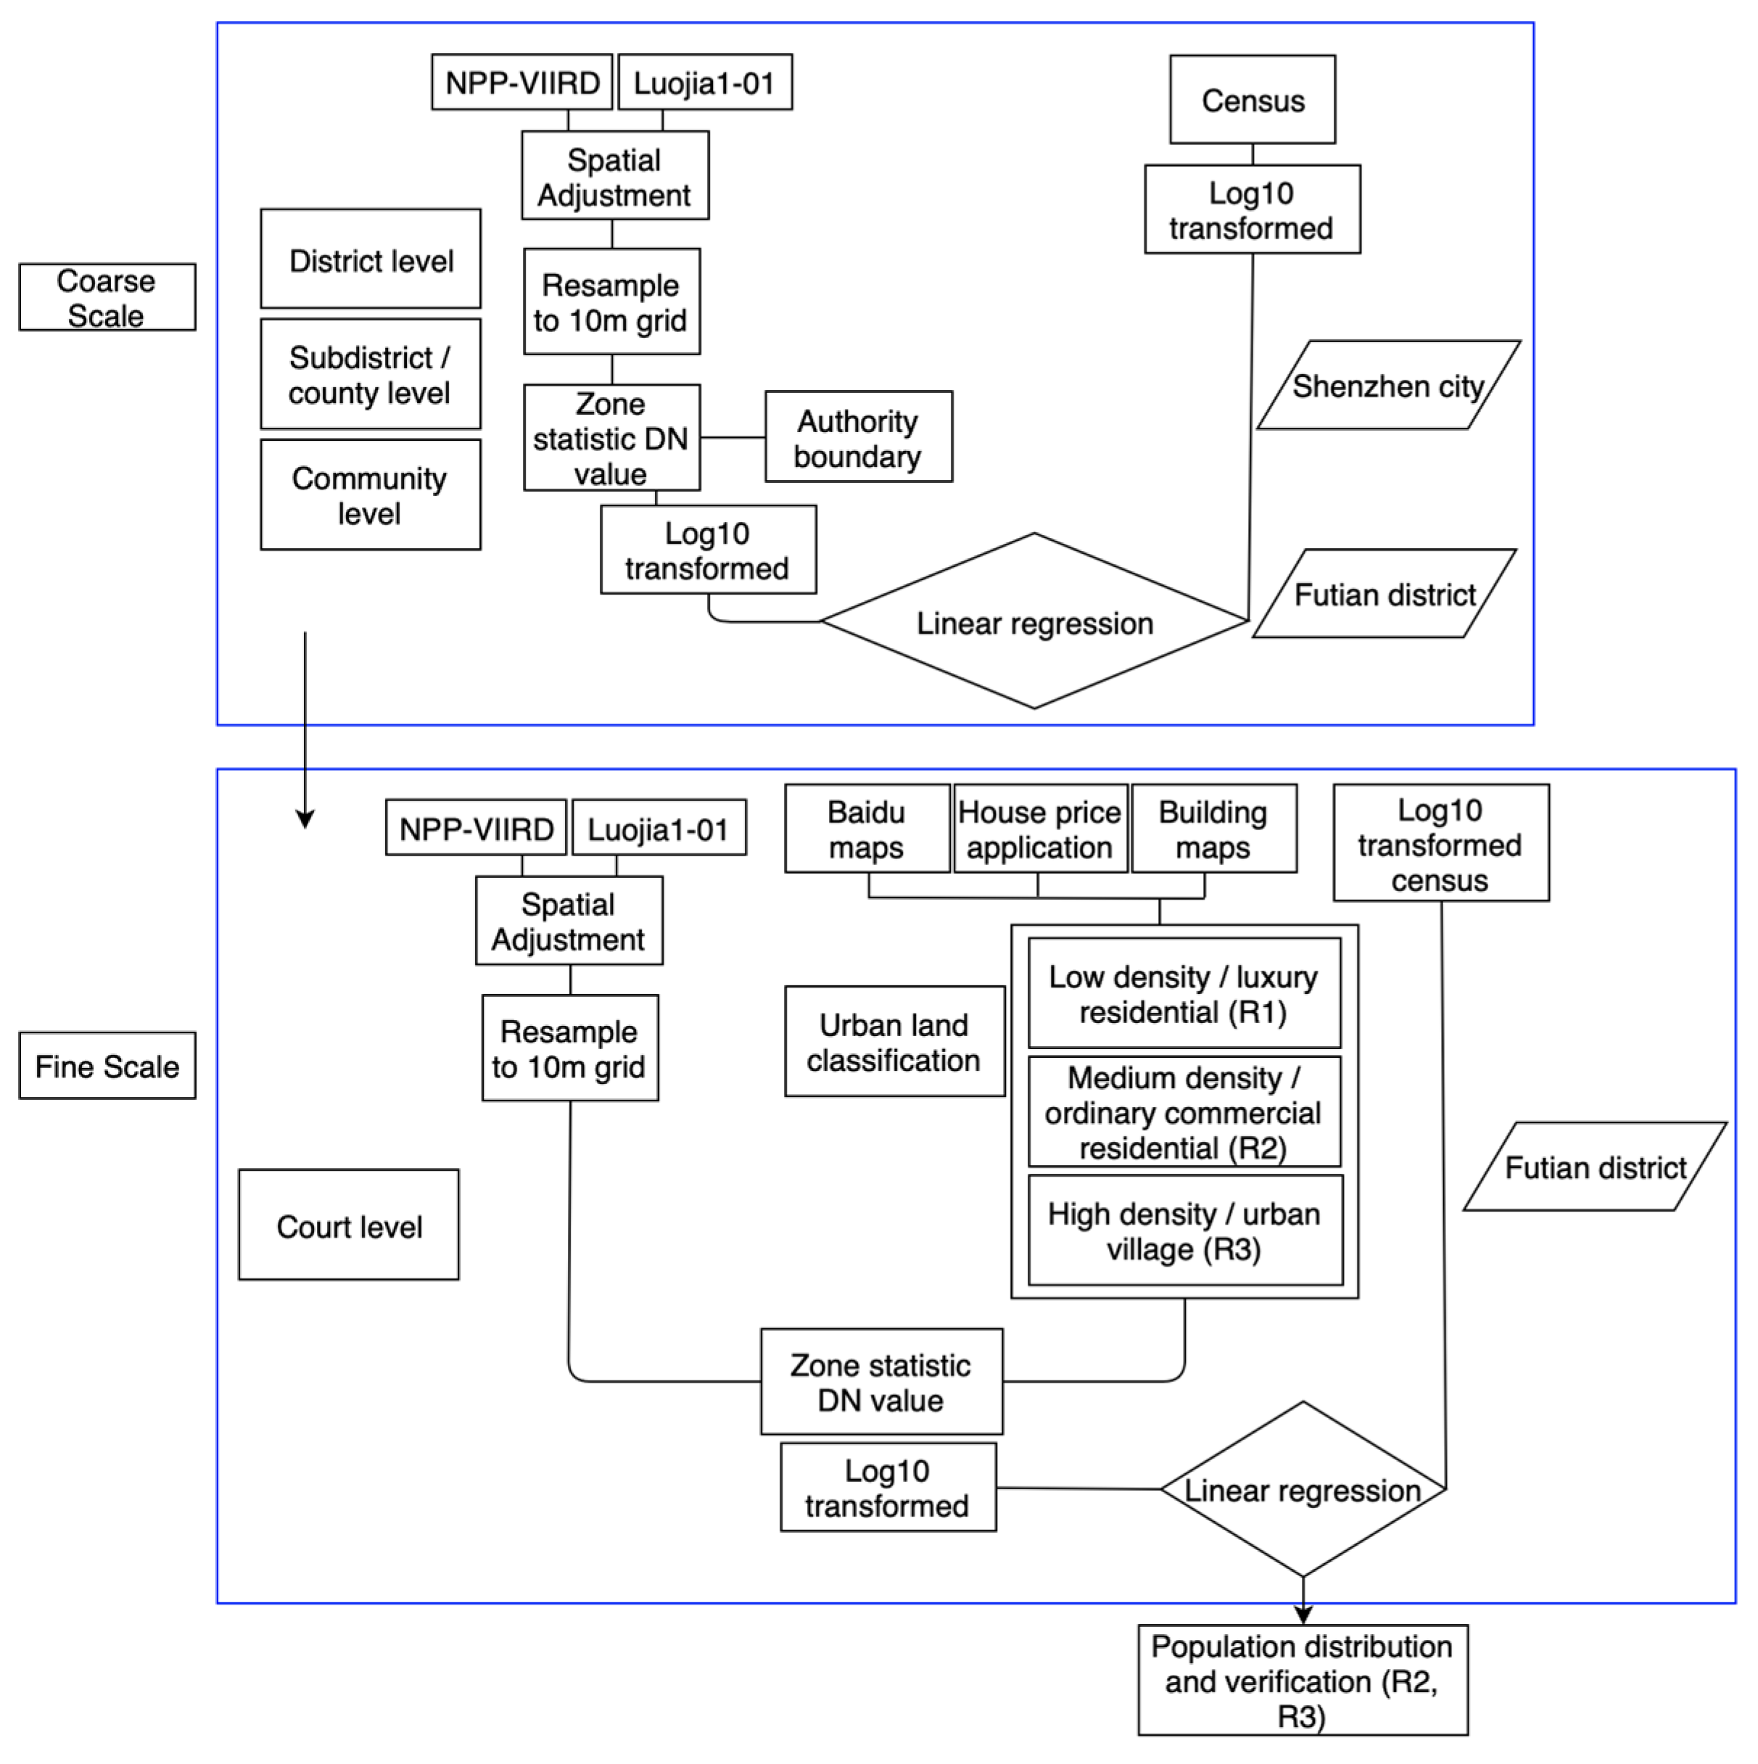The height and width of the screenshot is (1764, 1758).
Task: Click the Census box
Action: (x=1252, y=99)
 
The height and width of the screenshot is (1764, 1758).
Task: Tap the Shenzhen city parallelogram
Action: (x=1387, y=385)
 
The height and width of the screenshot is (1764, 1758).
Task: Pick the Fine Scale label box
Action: (x=107, y=1066)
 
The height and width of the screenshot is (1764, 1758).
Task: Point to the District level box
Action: (x=370, y=260)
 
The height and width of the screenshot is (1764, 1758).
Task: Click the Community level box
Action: (x=370, y=495)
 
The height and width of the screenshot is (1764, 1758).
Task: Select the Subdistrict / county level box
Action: (x=370, y=374)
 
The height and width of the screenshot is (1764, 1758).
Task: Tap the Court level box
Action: (x=349, y=1225)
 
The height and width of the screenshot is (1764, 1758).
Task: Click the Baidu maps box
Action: (x=867, y=829)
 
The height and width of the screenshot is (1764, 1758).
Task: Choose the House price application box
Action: (x=1039, y=829)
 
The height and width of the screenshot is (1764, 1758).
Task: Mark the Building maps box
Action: (x=1213, y=829)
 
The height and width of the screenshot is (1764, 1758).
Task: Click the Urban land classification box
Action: (x=894, y=1042)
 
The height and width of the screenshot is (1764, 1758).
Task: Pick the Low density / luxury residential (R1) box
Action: (x=1184, y=993)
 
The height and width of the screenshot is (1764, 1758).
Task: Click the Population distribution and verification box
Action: (x=1303, y=1680)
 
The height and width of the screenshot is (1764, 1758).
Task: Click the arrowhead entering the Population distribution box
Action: (x=1303, y=1615)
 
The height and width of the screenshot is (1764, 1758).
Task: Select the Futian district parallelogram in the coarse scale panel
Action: (x=1384, y=595)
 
